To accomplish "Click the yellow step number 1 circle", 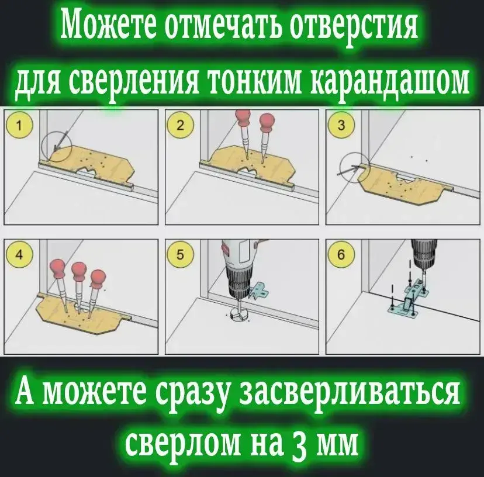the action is (19, 126).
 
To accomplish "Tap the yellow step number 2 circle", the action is (180, 126).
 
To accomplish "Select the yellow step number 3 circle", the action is (341, 126).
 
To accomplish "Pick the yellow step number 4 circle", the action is (19, 255).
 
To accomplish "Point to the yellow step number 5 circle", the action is (180, 255).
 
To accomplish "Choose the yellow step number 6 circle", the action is (341, 255).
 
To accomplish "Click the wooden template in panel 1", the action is (92, 163).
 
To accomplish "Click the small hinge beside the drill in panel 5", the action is (260, 291).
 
